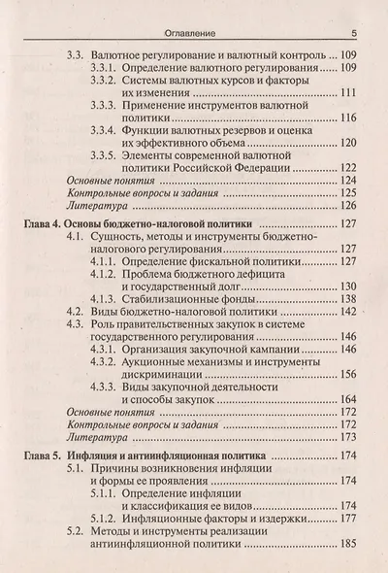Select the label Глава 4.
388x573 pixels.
(42, 223)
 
